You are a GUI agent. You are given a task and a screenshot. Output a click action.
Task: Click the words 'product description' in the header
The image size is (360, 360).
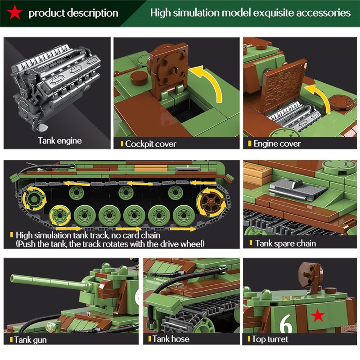coord(73,13)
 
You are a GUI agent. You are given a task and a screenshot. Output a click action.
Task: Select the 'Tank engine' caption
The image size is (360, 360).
coord(60,141)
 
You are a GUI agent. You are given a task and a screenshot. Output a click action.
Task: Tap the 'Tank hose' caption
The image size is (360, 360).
coord(171,339)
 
